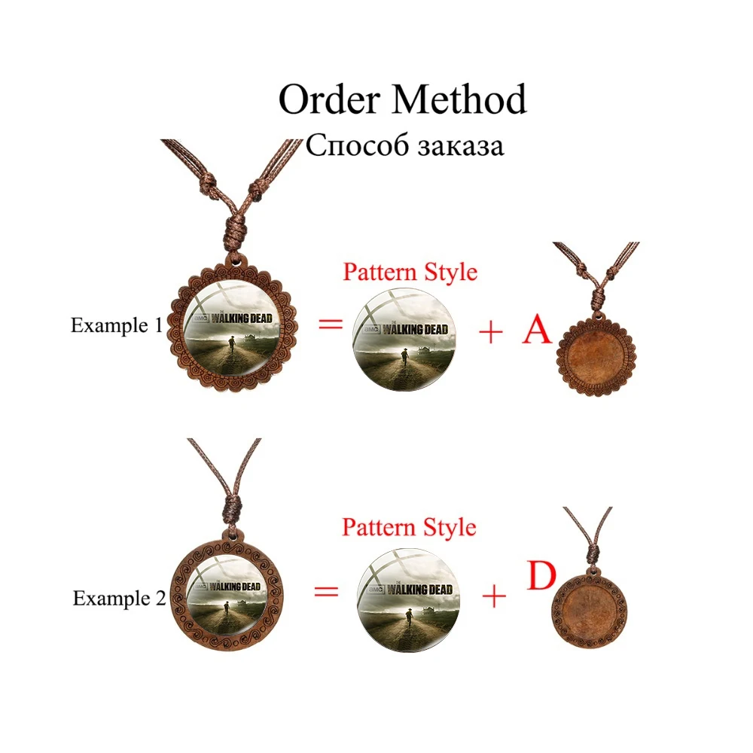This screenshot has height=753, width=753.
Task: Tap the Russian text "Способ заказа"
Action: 404,145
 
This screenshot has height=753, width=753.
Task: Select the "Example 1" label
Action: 116,325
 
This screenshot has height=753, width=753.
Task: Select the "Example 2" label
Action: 119,599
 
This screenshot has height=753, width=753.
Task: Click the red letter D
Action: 541,576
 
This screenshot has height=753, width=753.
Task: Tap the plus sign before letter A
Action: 490,332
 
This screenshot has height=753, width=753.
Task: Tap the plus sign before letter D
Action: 494,597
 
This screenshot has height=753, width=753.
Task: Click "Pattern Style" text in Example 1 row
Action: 410,271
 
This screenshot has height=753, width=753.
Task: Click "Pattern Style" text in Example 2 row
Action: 409,527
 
